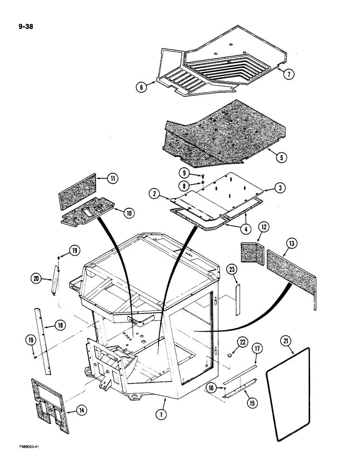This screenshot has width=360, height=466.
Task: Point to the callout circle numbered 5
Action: (x=280, y=157)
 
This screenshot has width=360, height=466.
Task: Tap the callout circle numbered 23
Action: (x=232, y=269)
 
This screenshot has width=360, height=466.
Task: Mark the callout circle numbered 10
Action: (x=128, y=212)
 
